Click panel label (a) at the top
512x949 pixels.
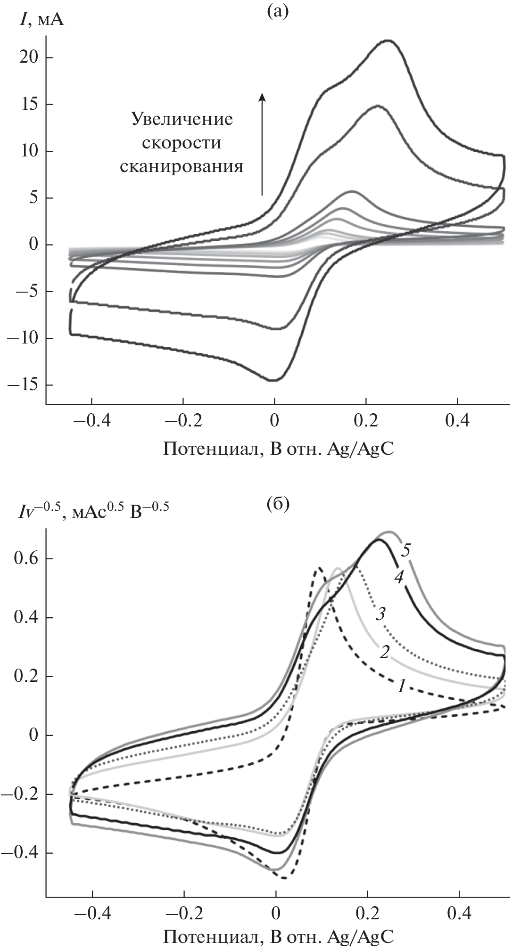277,10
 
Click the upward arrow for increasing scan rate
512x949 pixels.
263,143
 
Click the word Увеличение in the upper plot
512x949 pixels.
182,119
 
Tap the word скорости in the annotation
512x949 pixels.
182,142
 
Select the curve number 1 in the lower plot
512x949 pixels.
402,687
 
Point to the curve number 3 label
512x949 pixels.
381,614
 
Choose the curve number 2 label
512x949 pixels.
384,652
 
